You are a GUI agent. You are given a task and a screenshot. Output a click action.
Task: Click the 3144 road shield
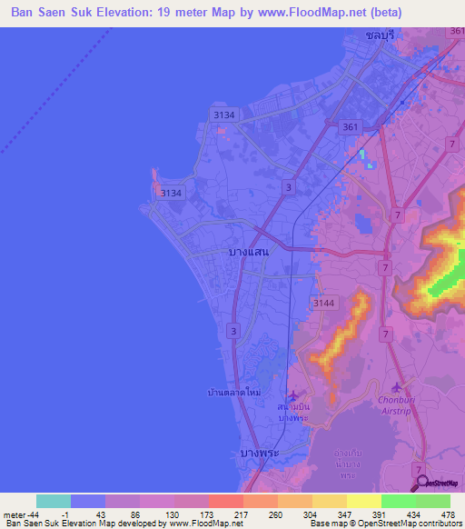click(323, 303)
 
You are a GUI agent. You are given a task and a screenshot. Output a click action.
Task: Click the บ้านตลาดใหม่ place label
click(233, 392)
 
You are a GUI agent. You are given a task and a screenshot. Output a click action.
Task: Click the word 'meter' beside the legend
click(13, 515)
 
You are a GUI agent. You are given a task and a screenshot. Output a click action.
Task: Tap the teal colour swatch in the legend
click(54, 501)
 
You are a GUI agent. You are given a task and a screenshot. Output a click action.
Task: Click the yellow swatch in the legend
click(363, 501)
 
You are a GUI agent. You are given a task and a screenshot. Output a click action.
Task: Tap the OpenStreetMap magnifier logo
click(421, 483)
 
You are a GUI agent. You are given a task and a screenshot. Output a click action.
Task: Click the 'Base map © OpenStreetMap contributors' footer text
click(384, 524)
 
